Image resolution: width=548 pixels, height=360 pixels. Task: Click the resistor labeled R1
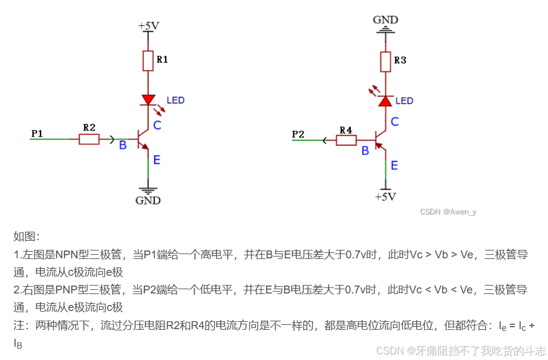(148, 61)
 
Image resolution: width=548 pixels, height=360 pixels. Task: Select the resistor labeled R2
(89, 140)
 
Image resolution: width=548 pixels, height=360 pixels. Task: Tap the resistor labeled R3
(385, 61)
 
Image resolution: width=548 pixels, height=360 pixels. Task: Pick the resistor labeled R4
(346, 140)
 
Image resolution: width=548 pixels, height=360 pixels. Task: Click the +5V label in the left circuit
(149, 26)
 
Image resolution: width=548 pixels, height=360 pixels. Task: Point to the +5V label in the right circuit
(385, 197)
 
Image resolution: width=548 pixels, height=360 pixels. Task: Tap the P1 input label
(37, 133)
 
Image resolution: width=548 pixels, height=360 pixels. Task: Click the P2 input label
(298, 134)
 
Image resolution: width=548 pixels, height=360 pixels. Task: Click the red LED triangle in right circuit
(385, 101)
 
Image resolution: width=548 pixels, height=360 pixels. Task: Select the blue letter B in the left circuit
(123, 145)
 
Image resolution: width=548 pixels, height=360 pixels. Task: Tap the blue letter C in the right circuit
(395, 122)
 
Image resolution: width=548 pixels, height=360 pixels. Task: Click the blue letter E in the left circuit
(157, 160)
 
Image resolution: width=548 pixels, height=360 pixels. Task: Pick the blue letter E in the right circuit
(394, 165)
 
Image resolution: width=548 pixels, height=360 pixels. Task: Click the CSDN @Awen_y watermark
(448, 212)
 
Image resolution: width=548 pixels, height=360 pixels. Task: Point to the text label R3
(400, 61)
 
